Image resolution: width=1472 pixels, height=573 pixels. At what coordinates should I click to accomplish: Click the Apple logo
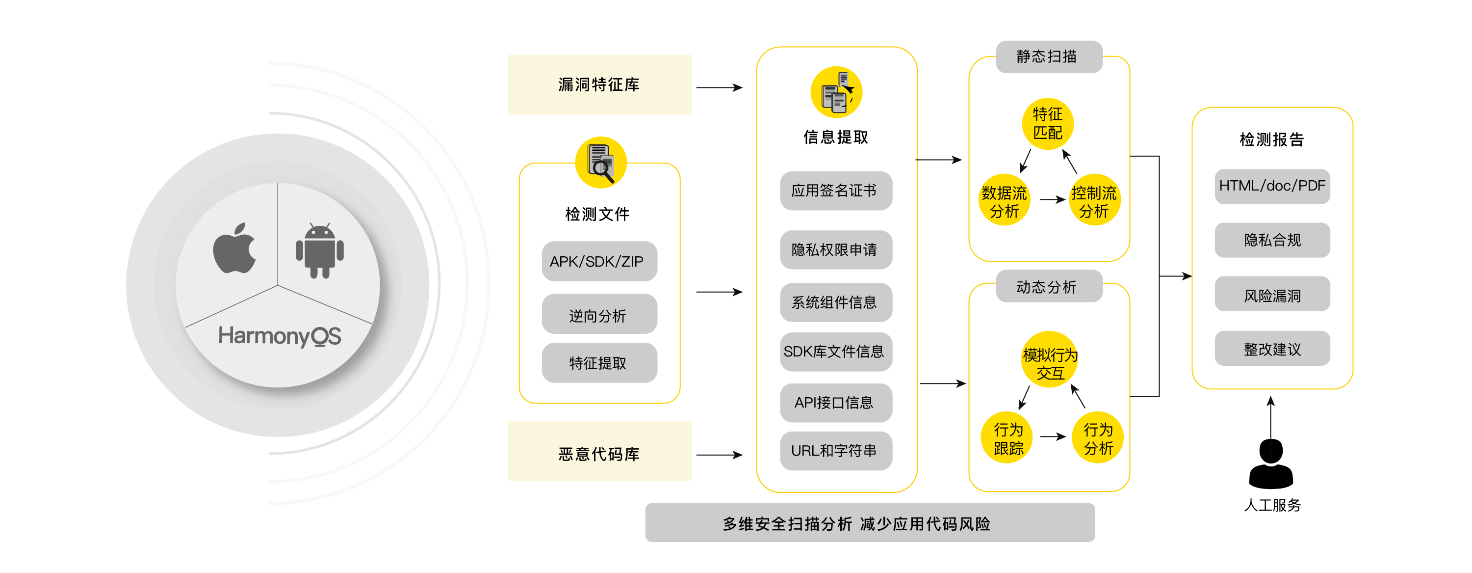[234, 249]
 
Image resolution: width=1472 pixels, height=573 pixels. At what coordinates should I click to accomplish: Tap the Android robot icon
[320, 250]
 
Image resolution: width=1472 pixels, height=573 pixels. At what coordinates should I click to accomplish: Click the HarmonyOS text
[280, 336]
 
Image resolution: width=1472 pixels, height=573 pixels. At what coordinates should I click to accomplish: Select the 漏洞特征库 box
[599, 84]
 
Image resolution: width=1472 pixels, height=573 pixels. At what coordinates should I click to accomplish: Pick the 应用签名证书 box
[835, 191]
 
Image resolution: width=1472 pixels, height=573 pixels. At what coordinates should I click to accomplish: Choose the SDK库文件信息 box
[835, 352]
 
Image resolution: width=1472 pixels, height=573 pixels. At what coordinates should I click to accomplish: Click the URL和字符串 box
[835, 451]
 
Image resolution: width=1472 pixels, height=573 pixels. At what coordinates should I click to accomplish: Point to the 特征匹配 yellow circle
[1047, 124]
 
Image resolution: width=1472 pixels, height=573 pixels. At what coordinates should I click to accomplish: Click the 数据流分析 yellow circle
[1004, 200]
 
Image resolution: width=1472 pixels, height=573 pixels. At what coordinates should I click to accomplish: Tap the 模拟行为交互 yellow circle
[1050, 360]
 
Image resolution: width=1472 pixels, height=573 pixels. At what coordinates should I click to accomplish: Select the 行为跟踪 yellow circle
[1007, 437]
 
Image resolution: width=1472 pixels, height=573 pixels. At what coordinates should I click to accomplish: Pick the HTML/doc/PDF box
[1272, 187]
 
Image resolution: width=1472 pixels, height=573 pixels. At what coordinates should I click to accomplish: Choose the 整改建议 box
[1272, 348]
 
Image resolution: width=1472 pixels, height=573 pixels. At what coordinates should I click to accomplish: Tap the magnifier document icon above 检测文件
[600, 163]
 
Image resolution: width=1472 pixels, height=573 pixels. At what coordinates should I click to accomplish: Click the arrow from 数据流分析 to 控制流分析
[1052, 199]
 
